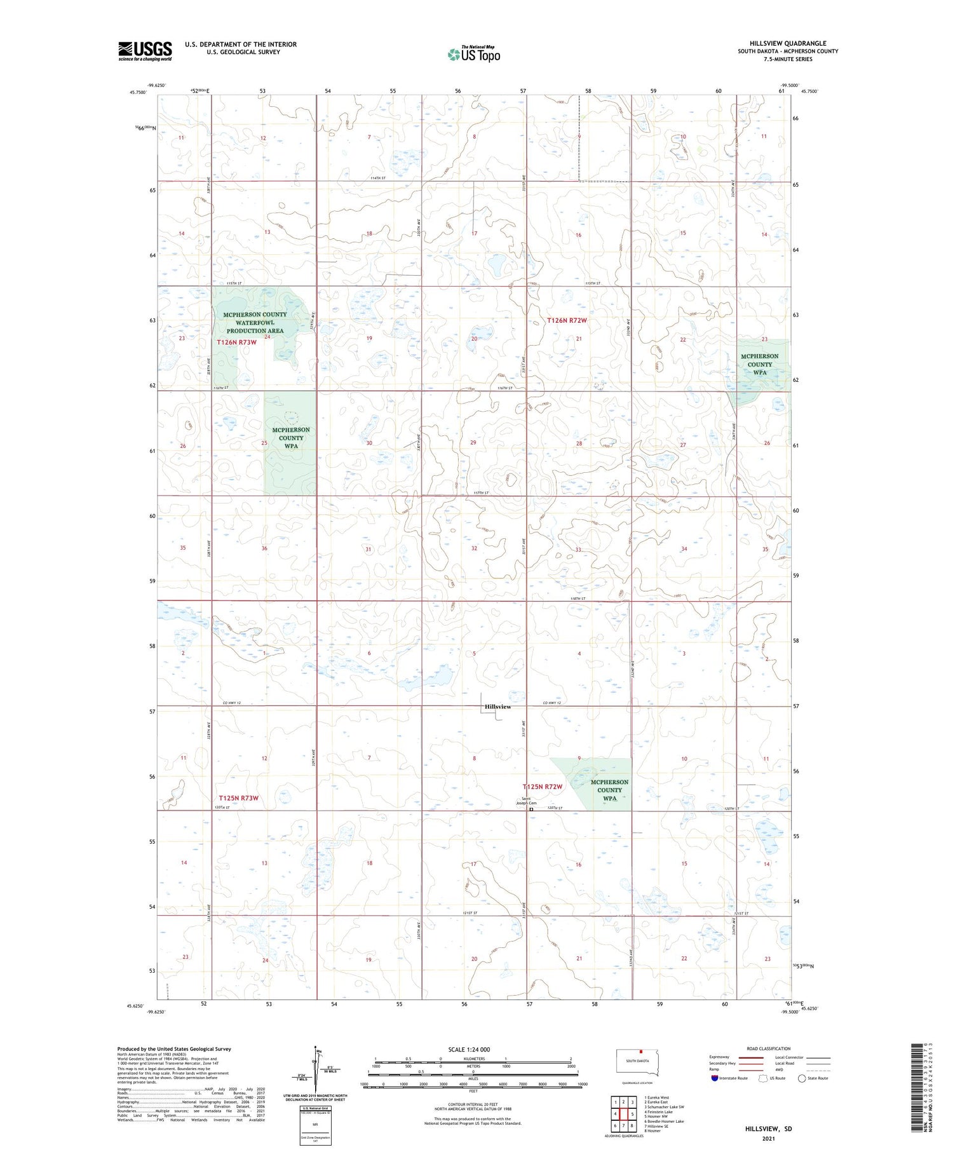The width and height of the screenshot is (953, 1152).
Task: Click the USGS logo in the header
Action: [x=145, y=51]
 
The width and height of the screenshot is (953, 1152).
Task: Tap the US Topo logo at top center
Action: [x=474, y=54]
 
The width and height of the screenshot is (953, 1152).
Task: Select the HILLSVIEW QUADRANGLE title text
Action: [x=788, y=43]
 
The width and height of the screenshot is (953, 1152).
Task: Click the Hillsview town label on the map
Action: [x=497, y=707]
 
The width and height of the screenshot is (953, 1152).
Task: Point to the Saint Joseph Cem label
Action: [x=526, y=801]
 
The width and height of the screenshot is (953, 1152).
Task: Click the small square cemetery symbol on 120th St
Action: [x=531, y=810]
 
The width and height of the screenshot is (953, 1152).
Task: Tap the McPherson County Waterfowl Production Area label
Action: [x=255, y=323]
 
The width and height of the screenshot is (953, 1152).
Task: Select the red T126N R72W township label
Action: [x=567, y=320]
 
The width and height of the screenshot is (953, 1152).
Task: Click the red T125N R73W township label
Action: [x=238, y=798]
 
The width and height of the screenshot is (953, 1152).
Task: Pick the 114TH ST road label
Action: [x=378, y=178]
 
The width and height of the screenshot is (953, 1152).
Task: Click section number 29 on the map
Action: [x=473, y=442]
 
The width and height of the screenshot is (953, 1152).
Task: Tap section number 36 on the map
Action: [x=264, y=548]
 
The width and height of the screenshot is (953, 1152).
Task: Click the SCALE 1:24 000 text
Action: [x=469, y=1049]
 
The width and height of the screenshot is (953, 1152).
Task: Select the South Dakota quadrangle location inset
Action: [x=637, y=1062]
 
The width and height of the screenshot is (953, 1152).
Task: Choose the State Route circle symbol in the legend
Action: [x=802, y=1078]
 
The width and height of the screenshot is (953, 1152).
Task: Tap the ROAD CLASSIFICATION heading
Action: [x=769, y=1048]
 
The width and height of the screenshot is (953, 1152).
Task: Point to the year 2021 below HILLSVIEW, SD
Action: [x=769, y=1139]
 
